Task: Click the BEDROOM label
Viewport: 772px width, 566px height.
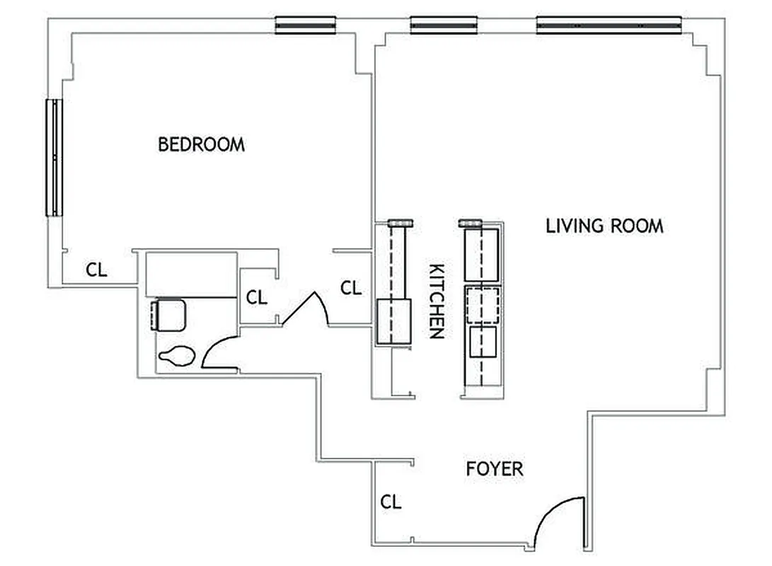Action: click(x=201, y=144)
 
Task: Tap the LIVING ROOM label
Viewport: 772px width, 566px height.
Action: click(x=604, y=226)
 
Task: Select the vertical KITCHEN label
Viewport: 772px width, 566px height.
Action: click(x=437, y=301)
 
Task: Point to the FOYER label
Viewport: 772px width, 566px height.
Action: click(x=495, y=468)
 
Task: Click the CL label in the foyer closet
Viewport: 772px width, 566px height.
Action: click(x=391, y=502)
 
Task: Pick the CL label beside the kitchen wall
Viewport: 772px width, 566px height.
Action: click(x=351, y=288)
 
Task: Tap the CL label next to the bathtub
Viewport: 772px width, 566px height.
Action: click(x=257, y=297)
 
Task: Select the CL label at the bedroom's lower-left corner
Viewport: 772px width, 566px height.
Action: click(x=96, y=270)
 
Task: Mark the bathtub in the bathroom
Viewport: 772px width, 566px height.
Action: click(x=191, y=275)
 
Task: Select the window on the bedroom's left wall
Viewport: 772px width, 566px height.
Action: click(x=54, y=157)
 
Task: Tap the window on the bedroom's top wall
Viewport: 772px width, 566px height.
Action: click(x=305, y=25)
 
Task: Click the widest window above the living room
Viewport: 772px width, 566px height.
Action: click(x=609, y=25)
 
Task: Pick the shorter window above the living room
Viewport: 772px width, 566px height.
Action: click(x=444, y=25)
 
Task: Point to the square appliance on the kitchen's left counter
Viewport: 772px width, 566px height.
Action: click(x=393, y=322)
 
